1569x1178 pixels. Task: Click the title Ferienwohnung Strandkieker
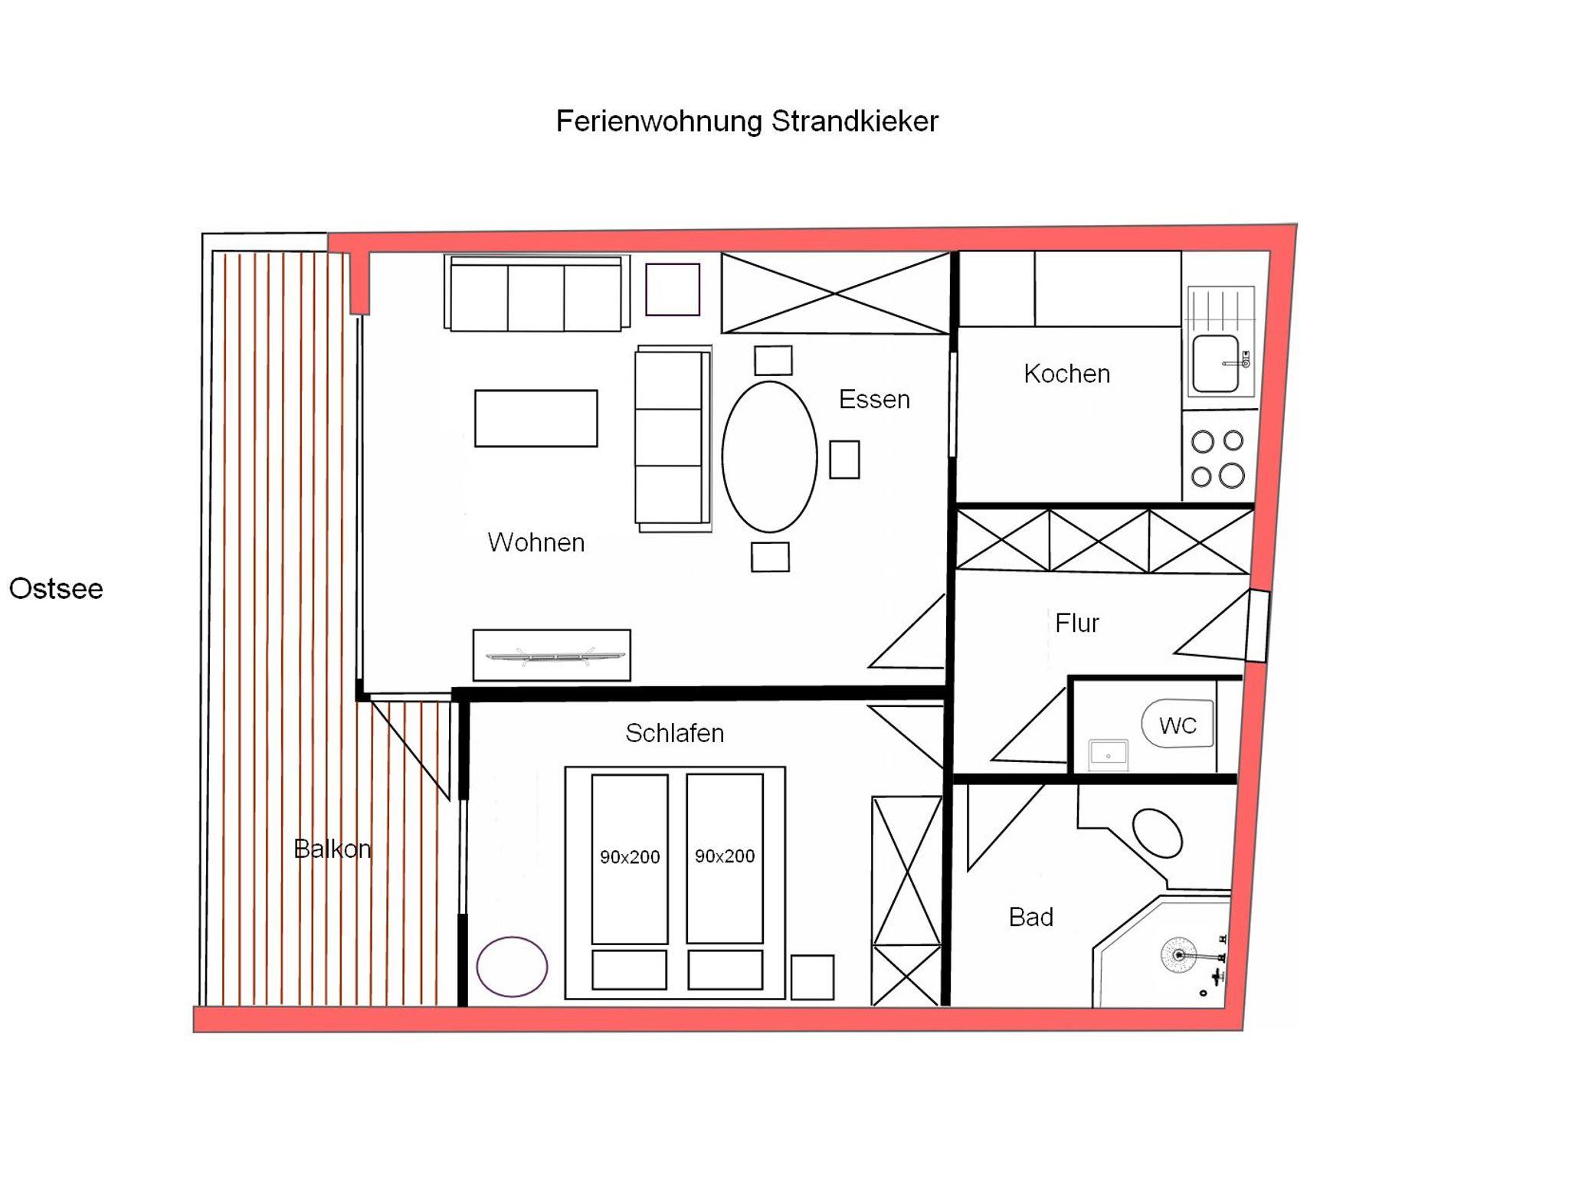point(747,122)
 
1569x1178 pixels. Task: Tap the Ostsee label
point(56,588)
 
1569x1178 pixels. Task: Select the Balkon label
point(332,849)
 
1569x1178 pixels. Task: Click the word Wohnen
point(536,542)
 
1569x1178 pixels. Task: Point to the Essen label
point(874,399)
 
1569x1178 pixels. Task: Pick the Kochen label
point(1067,374)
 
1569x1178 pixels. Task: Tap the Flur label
point(1076,623)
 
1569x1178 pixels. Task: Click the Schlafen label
point(675,733)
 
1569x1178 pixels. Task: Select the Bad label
point(1031,917)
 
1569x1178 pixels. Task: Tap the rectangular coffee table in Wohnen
point(536,418)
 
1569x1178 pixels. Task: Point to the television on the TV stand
point(552,656)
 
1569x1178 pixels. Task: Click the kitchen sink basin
point(1215,364)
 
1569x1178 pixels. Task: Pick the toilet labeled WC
point(1178,724)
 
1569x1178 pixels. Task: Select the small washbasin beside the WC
point(1109,754)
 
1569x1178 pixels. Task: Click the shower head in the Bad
point(1178,956)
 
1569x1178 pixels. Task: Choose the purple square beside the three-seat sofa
point(673,290)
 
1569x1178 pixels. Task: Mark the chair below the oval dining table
point(770,557)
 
